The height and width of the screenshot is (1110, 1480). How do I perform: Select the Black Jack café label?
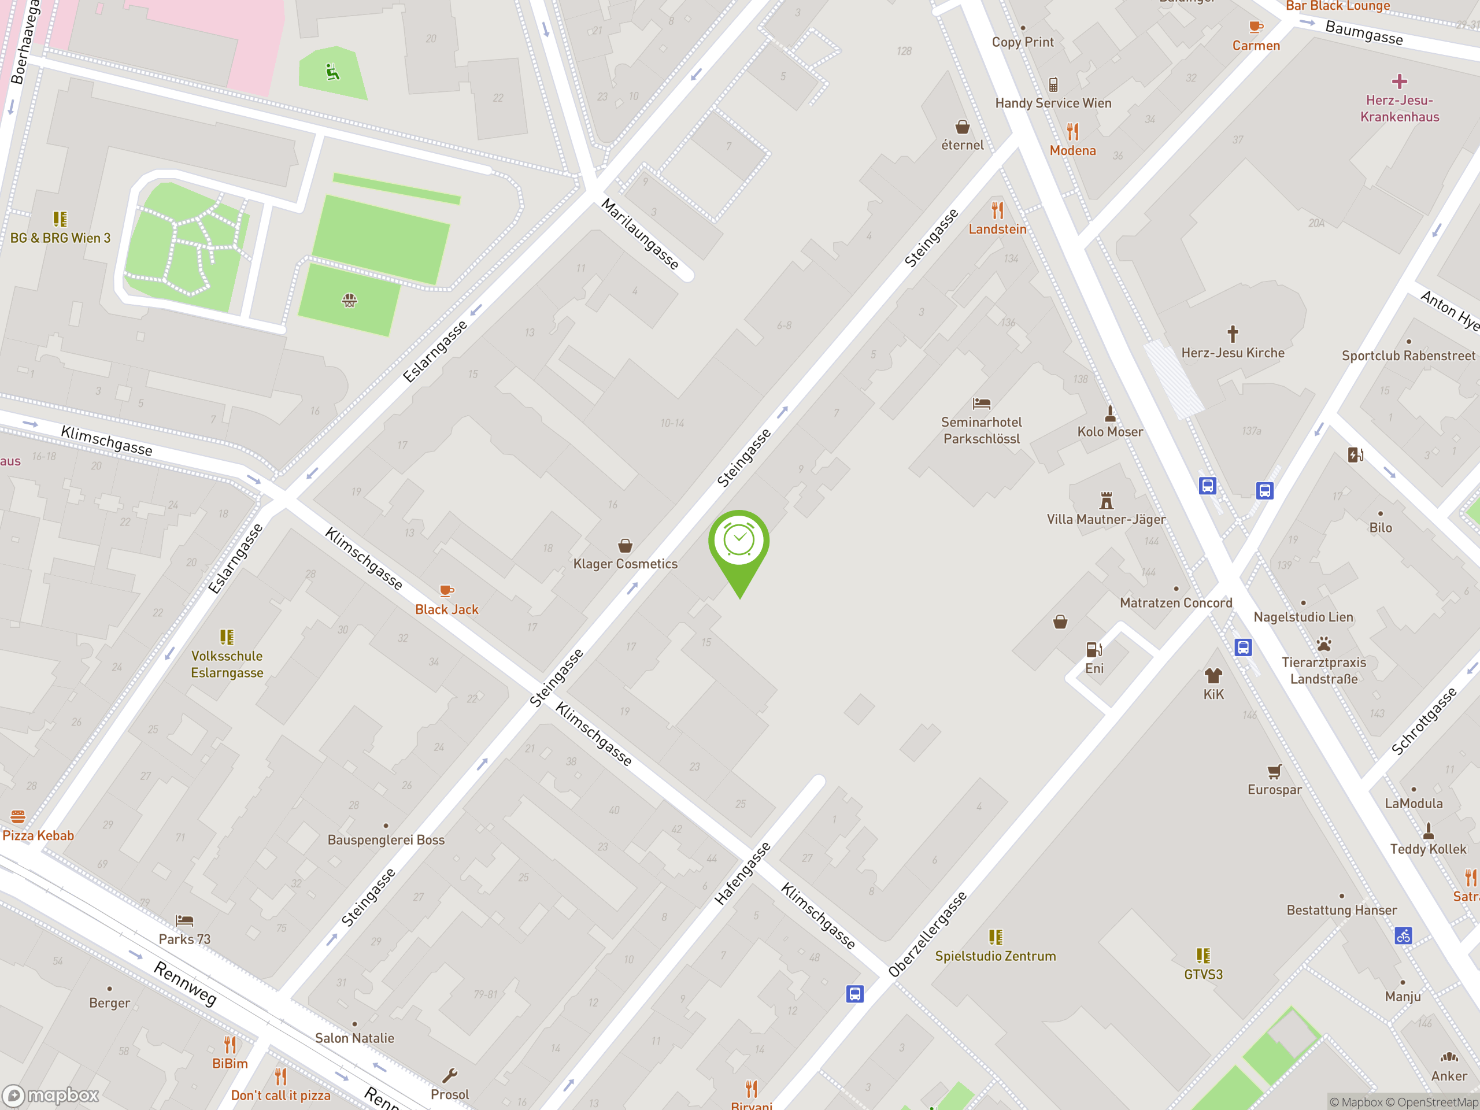click(446, 609)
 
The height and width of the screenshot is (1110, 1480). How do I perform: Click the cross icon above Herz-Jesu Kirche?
click(1233, 333)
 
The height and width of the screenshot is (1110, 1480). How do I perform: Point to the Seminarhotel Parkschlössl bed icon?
click(982, 404)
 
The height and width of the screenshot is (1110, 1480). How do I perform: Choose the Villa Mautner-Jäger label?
click(1106, 519)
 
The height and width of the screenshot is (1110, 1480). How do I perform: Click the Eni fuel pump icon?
click(1094, 650)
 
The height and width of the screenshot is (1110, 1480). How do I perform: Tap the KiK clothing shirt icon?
click(1213, 675)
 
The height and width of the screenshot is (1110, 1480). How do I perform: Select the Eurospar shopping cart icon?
click(1274, 771)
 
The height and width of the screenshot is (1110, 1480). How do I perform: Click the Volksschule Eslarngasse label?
click(227, 664)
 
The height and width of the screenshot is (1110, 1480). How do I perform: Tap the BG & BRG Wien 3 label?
click(60, 238)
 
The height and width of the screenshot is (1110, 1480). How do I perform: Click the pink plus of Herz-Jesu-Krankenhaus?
click(1399, 82)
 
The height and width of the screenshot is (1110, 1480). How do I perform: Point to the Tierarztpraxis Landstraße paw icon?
click(1323, 645)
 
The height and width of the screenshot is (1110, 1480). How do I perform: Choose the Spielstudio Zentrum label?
click(995, 956)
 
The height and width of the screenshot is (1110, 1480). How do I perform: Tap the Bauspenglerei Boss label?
click(386, 839)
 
